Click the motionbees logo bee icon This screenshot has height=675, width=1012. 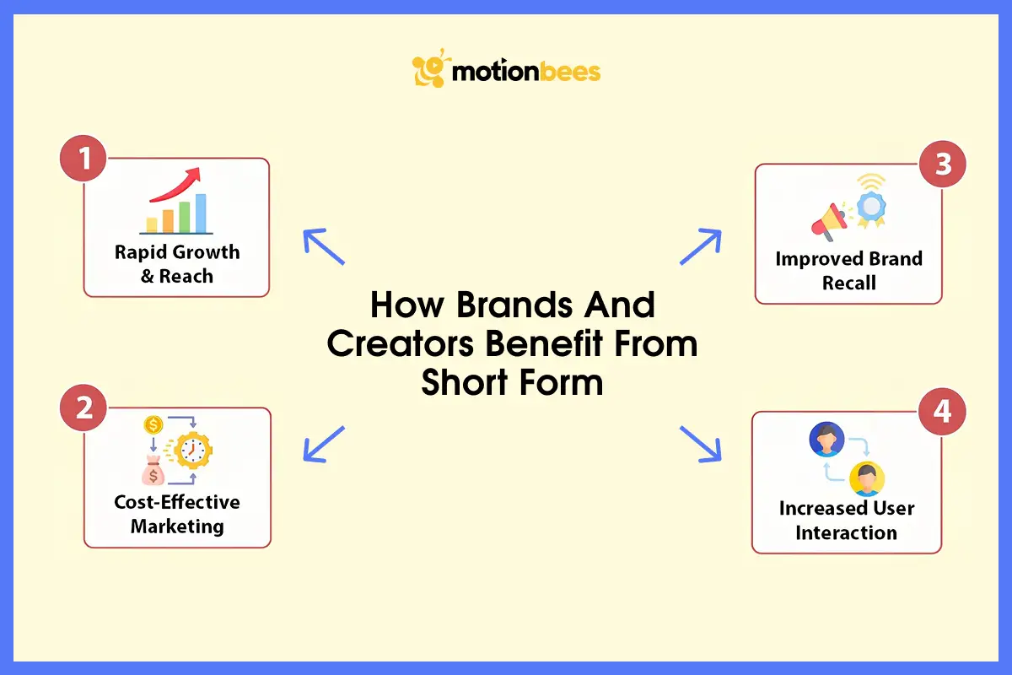tap(428, 71)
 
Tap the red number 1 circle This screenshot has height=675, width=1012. tap(83, 159)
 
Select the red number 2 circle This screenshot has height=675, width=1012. tap(83, 409)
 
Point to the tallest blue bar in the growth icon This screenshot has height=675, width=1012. tap(201, 213)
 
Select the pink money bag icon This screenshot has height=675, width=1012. tap(153, 472)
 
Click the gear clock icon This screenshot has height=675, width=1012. tap(193, 452)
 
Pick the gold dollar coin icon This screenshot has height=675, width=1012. tap(153, 424)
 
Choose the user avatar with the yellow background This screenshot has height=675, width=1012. tap(865, 479)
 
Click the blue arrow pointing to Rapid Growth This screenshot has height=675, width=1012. tap(324, 247)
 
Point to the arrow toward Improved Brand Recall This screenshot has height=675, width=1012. tap(701, 247)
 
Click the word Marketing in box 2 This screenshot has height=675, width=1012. tap(177, 526)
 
